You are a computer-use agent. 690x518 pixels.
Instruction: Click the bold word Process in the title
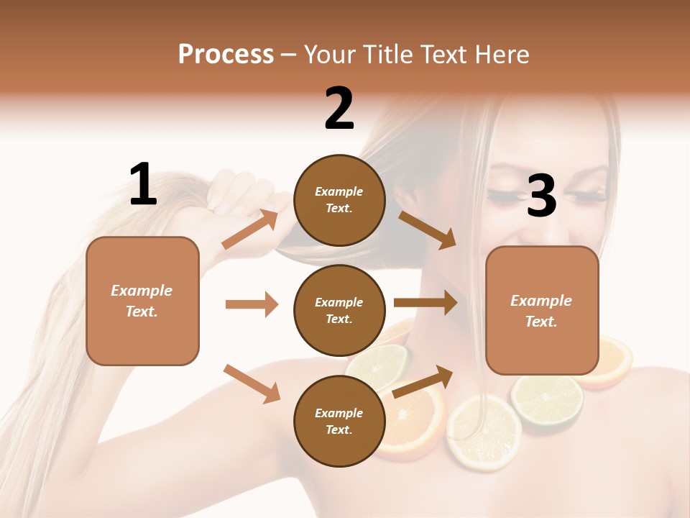click(226, 54)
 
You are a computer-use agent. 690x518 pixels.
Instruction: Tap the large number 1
click(143, 184)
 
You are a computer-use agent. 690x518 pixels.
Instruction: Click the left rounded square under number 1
click(142, 301)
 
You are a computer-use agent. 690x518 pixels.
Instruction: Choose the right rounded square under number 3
click(542, 310)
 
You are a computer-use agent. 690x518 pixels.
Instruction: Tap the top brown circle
click(339, 200)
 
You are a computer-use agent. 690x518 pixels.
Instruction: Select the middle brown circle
click(339, 310)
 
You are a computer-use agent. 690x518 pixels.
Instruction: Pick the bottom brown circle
click(339, 421)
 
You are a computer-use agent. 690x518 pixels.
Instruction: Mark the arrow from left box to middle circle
click(252, 304)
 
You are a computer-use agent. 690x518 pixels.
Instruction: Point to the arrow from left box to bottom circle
click(252, 383)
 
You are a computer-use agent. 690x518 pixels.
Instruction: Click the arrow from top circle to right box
click(428, 230)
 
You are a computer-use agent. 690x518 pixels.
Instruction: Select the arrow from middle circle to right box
click(425, 302)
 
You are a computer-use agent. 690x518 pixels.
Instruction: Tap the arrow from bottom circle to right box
click(423, 381)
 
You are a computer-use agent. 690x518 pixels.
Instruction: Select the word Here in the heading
click(502, 54)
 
